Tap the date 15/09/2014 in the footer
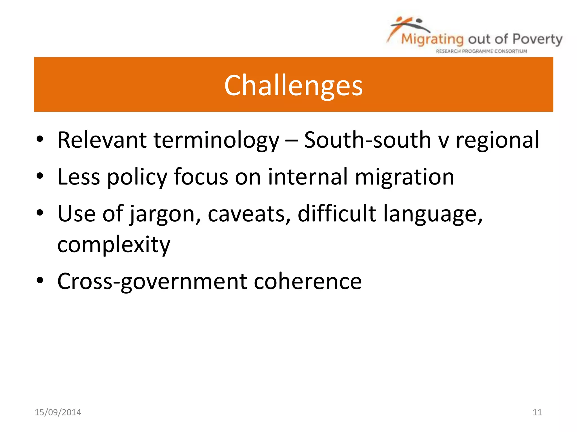[58, 412]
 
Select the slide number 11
[537, 412]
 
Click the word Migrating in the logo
[432, 39]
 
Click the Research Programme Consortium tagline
[481, 51]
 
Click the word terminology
[216, 140]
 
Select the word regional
[497, 140]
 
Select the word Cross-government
[152, 281]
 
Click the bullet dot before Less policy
[40, 176]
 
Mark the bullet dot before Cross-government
[40, 280]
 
